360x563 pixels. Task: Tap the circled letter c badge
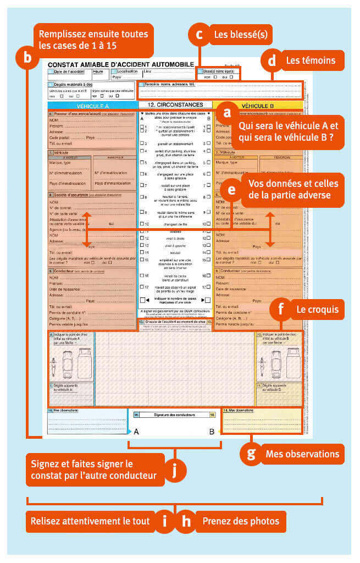199,35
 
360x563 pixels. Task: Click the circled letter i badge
164,521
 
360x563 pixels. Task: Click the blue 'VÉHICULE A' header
92,106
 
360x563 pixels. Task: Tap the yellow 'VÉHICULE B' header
258,104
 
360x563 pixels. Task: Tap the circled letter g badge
251,454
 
